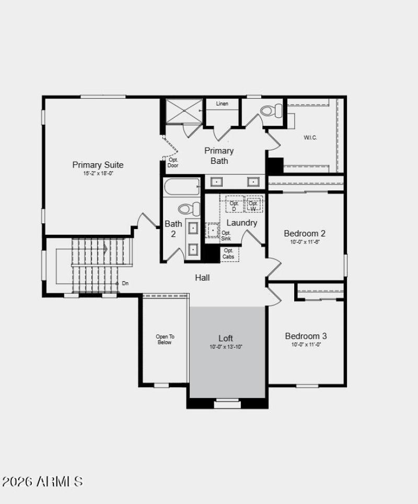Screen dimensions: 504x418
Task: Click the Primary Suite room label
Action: [98, 165]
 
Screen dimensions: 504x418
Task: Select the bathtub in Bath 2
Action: [182, 186]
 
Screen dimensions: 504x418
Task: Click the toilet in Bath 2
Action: [189, 209]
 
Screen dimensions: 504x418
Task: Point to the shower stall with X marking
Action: [184, 111]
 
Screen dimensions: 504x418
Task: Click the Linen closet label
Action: [222, 104]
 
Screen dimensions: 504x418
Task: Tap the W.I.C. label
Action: [310, 138]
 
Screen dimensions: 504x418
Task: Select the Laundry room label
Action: [241, 223]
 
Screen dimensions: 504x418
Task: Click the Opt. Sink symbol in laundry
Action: [213, 230]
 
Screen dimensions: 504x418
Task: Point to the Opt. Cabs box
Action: [229, 254]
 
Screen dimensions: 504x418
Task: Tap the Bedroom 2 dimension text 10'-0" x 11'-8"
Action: [305, 242]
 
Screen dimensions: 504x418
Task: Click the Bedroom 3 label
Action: [306, 336]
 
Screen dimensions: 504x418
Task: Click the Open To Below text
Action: [165, 339]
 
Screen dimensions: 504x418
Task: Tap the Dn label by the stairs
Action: [125, 283]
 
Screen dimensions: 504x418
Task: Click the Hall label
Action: [202, 278]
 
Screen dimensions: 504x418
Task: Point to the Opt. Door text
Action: [173, 163]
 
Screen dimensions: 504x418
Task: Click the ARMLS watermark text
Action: [42, 481]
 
